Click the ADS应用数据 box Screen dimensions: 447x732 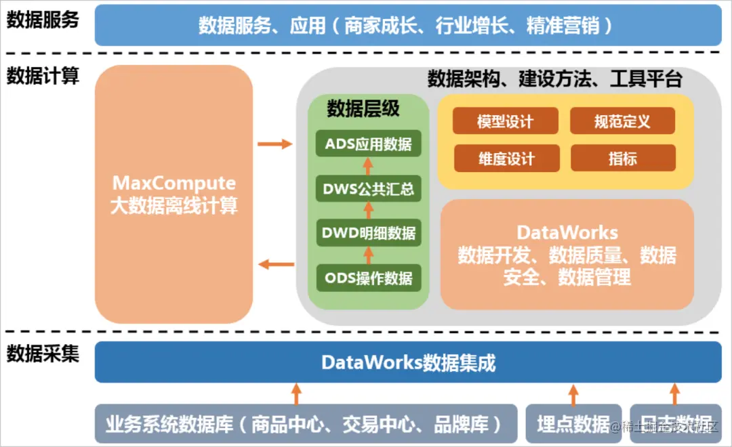tap(369, 144)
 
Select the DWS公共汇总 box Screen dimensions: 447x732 tap(369, 189)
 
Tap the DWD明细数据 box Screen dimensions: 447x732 tap(369, 233)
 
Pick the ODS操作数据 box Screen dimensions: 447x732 tap(369, 278)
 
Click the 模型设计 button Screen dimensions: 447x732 tap(506, 121)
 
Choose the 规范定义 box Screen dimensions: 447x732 tap(622, 121)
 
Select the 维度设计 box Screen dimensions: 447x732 tap(506, 158)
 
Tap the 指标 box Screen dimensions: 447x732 tap(622, 158)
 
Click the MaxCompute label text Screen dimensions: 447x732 tap(174, 183)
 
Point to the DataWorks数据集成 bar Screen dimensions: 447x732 tap(408, 362)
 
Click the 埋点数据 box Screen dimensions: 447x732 tap(573, 424)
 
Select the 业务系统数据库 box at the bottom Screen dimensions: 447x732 tap(304, 424)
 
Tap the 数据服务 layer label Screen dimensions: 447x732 tap(43, 20)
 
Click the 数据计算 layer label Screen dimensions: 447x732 tap(43, 75)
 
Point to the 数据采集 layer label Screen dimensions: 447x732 tap(43, 353)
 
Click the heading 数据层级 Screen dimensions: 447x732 tap(363, 108)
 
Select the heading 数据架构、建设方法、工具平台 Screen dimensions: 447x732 tap(554, 79)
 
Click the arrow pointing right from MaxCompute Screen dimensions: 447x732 tap(274, 144)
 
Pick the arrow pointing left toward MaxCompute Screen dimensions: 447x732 tap(274, 264)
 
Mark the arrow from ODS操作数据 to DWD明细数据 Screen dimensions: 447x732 tap(369, 255)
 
